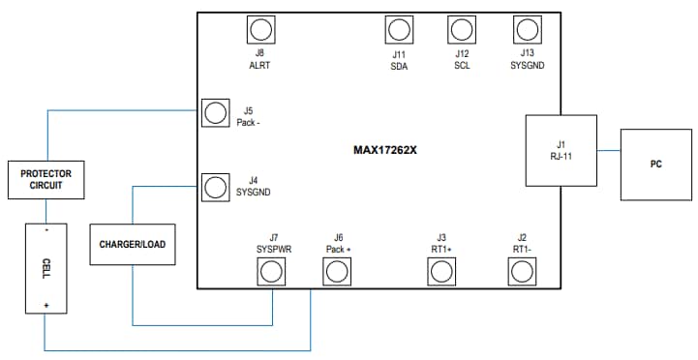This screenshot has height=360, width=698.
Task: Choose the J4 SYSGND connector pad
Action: (215, 186)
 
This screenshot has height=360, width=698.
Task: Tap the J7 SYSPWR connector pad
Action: (273, 272)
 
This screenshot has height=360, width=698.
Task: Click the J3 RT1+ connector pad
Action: (441, 272)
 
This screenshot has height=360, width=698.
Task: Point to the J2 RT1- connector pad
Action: (522, 272)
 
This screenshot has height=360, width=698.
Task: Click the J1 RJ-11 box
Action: (561, 150)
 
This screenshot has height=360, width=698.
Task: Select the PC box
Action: (655, 164)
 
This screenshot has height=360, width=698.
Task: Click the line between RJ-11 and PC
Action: (609, 151)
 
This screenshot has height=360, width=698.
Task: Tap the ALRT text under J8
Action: (258, 66)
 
